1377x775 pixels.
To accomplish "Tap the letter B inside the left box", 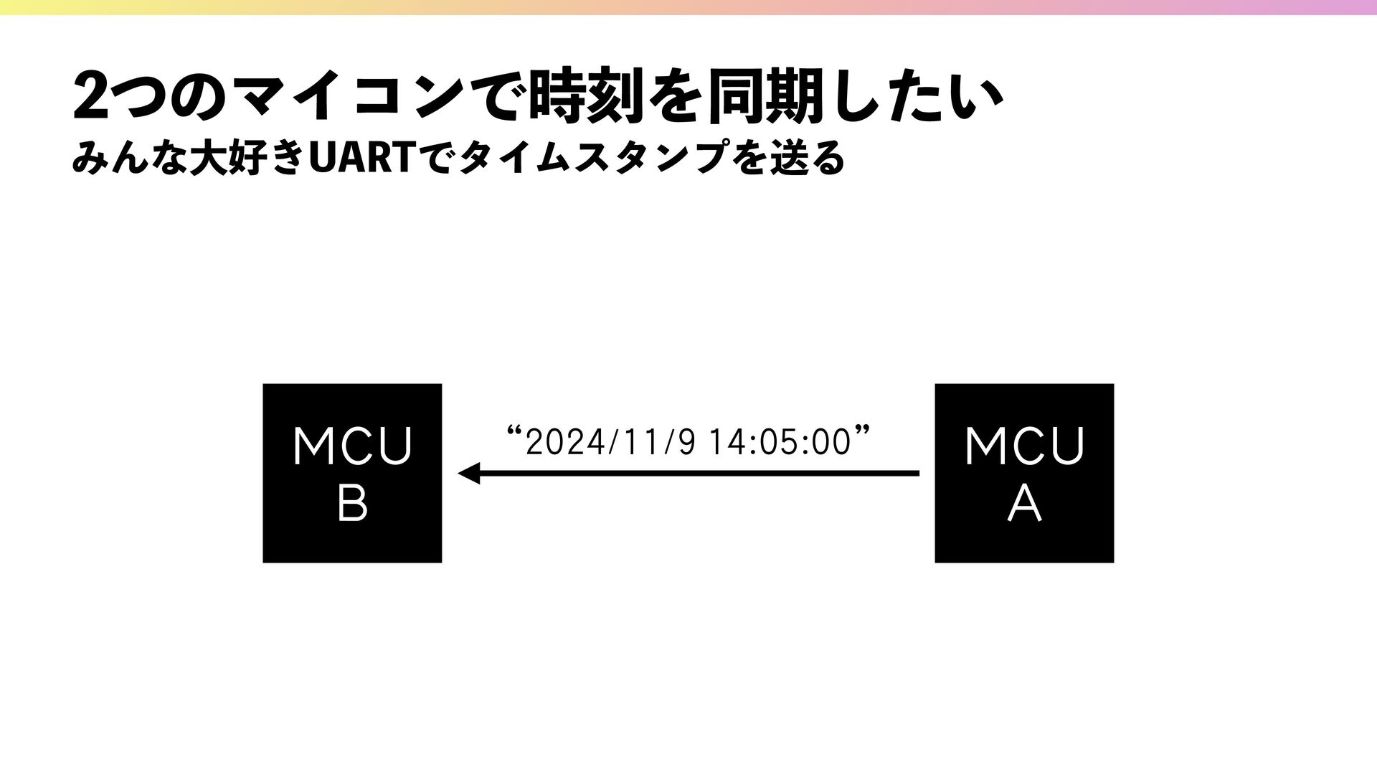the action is click(x=352, y=504).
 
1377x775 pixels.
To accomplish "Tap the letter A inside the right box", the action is click(x=1024, y=504).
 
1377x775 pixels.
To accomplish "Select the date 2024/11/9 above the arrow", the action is click(x=610, y=442).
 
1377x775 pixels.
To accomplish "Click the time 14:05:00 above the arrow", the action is click(x=779, y=442).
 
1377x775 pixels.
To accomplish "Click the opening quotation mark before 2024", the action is click(x=513, y=432).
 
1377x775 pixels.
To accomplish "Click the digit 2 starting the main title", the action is click(x=90, y=96).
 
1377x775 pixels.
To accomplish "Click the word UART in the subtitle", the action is click(x=359, y=158).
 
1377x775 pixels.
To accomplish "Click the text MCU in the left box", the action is click(x=352, y=446).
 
